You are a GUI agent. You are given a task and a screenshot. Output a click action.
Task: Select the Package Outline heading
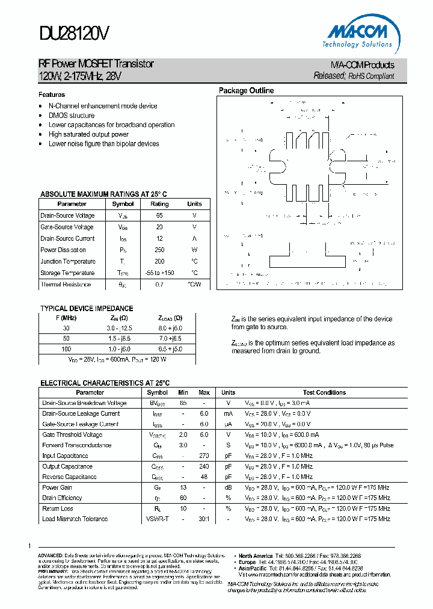click(x=246, y=91)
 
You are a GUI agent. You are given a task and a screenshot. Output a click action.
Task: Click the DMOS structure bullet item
click(x=72, y=116)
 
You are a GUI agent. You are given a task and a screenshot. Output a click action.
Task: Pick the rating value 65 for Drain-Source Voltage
click(x=159, y=215)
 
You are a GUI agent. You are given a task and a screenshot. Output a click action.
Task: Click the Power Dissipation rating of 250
click(x=159, y=250)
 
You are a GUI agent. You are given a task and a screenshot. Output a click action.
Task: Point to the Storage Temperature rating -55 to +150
click(x=159, y=273)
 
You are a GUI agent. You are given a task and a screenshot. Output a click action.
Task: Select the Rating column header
click(x=159, y=204)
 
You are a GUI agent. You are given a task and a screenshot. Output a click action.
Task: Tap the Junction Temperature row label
click(x=68, y=262)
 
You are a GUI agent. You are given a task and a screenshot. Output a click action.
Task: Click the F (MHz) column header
click(x=66, y=318)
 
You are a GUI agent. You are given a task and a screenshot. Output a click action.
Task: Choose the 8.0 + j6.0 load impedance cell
click(x=170, y=329)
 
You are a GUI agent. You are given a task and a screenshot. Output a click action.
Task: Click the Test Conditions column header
click(x=324, y=392)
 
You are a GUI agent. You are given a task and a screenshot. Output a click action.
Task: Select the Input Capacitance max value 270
click(x=204, y=456)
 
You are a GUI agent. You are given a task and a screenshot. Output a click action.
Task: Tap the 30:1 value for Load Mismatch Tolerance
click(x=204, y=519)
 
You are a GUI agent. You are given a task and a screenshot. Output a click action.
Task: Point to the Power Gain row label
click(x=57, y=488)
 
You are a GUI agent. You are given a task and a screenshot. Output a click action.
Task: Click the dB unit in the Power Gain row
click(x=229, y=488)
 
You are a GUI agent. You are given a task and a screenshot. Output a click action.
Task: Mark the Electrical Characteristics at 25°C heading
click(x=105, y=383)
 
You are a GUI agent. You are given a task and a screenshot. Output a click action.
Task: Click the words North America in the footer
click(x=256, y=556)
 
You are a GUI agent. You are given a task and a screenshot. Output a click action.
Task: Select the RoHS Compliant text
click(x=372, y=76)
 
